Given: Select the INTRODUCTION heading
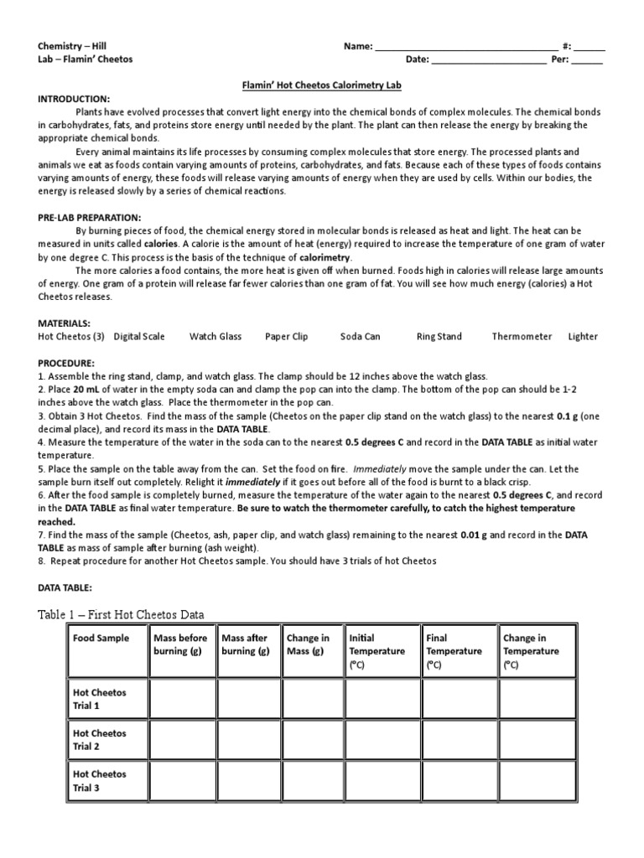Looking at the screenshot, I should (x=74, y=98).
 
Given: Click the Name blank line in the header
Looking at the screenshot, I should (x=466, y=47).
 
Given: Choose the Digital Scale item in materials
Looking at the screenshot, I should (x=139, y=337).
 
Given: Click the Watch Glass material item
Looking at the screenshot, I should (x=216, y=337).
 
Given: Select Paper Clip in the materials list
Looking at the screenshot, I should (x=287, y=337).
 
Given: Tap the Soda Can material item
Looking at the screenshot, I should (x=361, y=337).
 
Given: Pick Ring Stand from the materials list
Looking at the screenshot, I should (x=439, y=337).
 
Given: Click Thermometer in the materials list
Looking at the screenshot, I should (x=522, y=337).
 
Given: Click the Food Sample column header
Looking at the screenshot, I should (x=101, y=638).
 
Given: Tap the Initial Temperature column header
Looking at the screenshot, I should (x=377, y=651).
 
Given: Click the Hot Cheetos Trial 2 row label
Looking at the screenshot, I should (x=100, y=740).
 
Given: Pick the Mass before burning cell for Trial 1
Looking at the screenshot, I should (x=182, y=699).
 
